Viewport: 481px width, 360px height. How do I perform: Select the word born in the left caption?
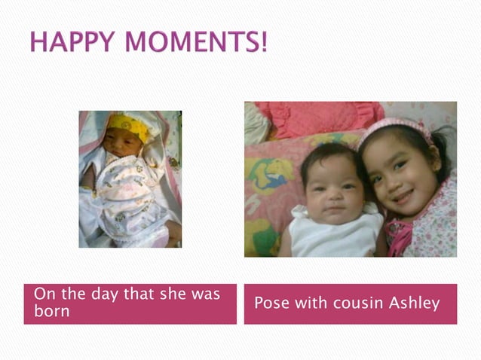coord(51,311)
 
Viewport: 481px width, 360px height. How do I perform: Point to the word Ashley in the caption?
coord(414,304)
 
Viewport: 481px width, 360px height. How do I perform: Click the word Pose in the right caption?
coord(270,304)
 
